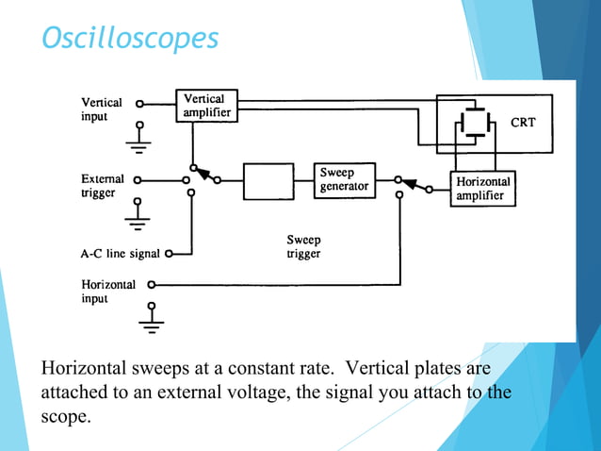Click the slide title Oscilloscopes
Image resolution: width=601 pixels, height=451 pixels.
pyautogui.click(x=130, y=38)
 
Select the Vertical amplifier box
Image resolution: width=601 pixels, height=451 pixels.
pyautogui.click(x=205, y=106)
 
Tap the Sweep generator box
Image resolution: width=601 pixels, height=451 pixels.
pyautogui.click(x=343, y=180)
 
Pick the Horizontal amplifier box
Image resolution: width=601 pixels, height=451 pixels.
pyautogui.click(x=482, y=189)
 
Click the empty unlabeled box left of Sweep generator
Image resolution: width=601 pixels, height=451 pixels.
pyautogui.click(x=268, y=180)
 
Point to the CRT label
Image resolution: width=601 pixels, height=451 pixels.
pyautogui.click(x=524, y=122)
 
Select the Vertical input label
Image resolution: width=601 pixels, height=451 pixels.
pyautogui.click(x=101, y=109)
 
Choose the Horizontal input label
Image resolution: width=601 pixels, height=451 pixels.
pyautogui.click(x=108, y=291)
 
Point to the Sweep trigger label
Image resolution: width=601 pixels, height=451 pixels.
pyautogui.click(x=303, y=247)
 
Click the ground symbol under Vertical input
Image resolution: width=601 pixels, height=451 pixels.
pyautogui.click(x=140, y=143)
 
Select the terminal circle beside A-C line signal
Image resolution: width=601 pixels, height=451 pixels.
pyautogui.click(x=170, y=253)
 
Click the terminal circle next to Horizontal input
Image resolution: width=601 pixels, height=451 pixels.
pyautogui.click(x=150, y=283)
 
